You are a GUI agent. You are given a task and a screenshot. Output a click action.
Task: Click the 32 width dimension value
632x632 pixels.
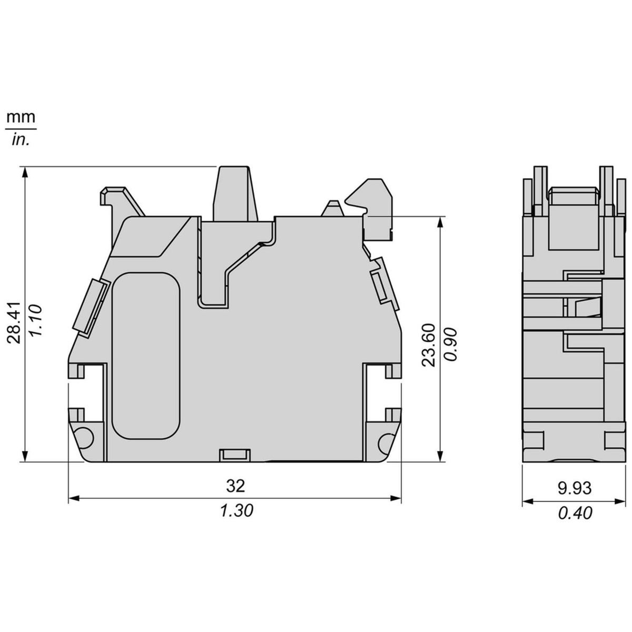click(235, 486)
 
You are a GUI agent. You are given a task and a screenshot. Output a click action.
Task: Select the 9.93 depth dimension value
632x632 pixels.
click(575, 488)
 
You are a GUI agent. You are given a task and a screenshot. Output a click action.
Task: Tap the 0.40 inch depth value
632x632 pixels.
click(575, 512)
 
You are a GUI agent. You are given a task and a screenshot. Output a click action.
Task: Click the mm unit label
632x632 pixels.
click(21, 117)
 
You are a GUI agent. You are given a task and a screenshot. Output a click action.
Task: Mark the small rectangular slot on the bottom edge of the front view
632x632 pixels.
click(235, 454)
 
